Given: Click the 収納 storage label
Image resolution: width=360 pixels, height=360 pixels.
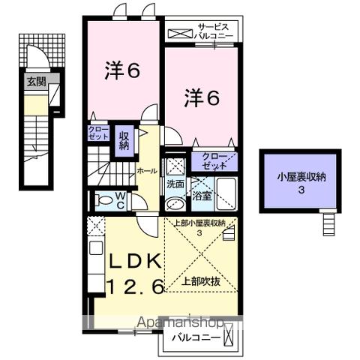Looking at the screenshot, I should pos(124,139).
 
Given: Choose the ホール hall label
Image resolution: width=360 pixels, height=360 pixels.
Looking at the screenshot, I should pos(146,171).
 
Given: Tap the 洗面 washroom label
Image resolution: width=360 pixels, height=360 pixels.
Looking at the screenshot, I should pos(175,183).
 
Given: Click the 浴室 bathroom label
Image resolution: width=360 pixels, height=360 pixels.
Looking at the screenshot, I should pos(202,196).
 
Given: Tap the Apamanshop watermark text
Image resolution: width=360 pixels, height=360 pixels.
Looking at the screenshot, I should pos(180,323).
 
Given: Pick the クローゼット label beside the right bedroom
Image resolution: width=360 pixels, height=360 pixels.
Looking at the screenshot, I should pos(214,159).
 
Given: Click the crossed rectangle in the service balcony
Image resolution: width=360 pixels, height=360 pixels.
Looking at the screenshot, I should pos(180,32).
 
